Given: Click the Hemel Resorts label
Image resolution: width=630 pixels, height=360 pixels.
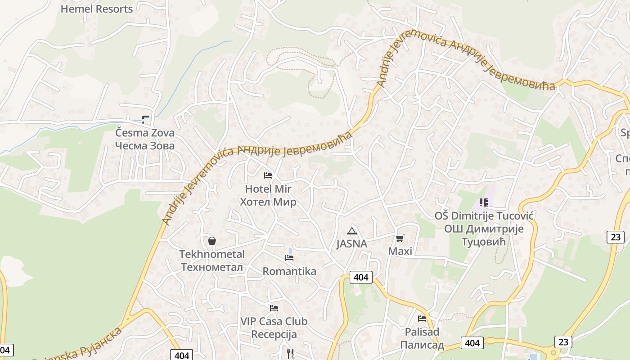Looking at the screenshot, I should pyautogui.click(x=96, y=9).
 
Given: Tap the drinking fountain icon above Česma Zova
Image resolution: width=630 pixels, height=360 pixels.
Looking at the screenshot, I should pyautogui.click(x=145, y=120).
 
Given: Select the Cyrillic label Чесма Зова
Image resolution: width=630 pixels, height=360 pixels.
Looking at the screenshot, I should pyautogui.click(x=144, y=146).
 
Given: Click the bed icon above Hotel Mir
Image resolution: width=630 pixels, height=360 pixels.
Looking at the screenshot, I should pyautogui.click(x=268, y=175).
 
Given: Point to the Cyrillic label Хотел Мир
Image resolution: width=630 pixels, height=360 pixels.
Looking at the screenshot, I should pyautogui.click(x=268, y=202).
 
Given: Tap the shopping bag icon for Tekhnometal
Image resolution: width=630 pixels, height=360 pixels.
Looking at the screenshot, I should pyautogui.click(x=212, y=241).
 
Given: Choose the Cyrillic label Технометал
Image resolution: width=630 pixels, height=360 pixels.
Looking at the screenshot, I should pyautogui.click(x=212, y=267).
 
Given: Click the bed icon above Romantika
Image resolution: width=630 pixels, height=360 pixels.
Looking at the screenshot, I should pyautogui.click(x=289, y=258).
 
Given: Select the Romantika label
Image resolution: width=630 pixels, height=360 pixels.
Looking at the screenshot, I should pyautogui.click(x=289, y=271).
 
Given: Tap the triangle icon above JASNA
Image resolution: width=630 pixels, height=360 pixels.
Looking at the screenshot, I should pyautogui.click(x=351, y=231).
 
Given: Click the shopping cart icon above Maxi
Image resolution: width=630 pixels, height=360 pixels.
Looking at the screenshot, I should pyautogui.click(x=400, y=238).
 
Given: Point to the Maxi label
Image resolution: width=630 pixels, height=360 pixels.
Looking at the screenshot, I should pyautogui.click(x=400, y=251).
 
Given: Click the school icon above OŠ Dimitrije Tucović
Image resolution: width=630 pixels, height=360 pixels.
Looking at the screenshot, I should pyautogui.click(x=484, y=202).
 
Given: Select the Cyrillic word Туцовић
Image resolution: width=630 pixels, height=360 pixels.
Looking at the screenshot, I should pyautogui.click(x=484, y=242).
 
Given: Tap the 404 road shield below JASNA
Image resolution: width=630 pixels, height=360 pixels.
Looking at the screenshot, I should pyautogui.click(x=361, y=277).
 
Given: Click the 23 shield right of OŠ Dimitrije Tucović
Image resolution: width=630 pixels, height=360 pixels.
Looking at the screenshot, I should pyautogui.click(x=615, y=237).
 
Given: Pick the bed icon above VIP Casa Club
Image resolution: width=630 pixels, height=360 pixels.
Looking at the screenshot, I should pyautogui.click(x=274, y=308).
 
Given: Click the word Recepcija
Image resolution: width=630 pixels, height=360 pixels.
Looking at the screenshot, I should pyautogui.click(x=274, y=334).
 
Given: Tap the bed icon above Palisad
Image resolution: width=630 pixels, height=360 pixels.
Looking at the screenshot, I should pyautogui.click(x=422, y=319).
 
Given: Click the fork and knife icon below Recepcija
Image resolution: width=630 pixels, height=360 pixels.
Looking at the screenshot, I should pyautogui.click(x=290, y=354).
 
